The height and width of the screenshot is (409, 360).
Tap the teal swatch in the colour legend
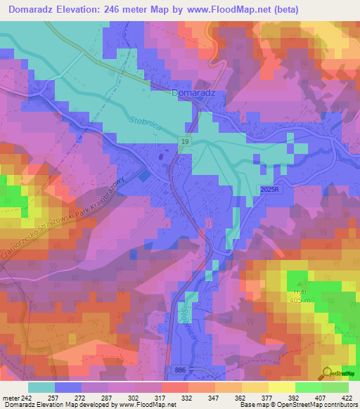41,387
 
